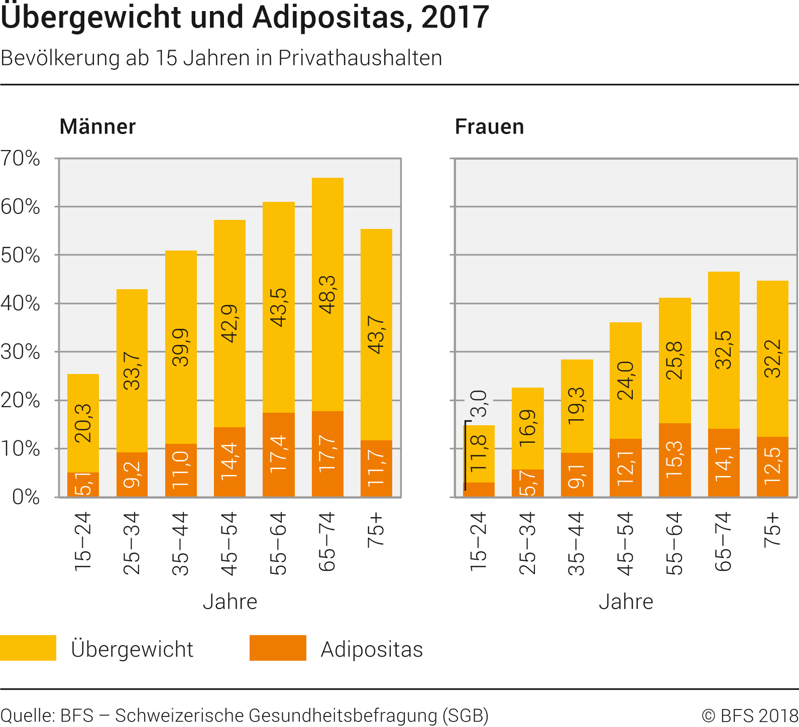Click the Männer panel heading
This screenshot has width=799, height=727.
click(97, 127)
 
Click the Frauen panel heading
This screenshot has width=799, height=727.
click(489, 127)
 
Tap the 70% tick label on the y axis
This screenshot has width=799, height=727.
click(20, 158)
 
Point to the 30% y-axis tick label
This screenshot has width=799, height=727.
click(20, 351)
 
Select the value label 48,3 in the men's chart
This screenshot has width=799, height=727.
click(327, 295)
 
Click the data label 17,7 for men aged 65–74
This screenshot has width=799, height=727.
click(327, 453)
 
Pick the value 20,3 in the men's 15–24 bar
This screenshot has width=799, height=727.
click(83, 423)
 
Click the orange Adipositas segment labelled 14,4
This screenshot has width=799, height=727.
click(230, 462)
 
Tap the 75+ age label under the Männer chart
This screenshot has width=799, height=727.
click(376, 530)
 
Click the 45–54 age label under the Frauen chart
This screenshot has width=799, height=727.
click(625, 543)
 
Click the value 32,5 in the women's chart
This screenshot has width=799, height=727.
click(724, 350)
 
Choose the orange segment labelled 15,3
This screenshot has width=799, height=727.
click(674, 460)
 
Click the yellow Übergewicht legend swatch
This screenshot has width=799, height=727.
click(28, 648)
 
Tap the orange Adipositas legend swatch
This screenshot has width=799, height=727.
click(278, 648)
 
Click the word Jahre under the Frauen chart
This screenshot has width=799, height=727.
click(626, 601)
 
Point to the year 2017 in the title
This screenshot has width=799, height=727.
click(455, 17)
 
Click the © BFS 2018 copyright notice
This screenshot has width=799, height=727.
click(749, 715)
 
